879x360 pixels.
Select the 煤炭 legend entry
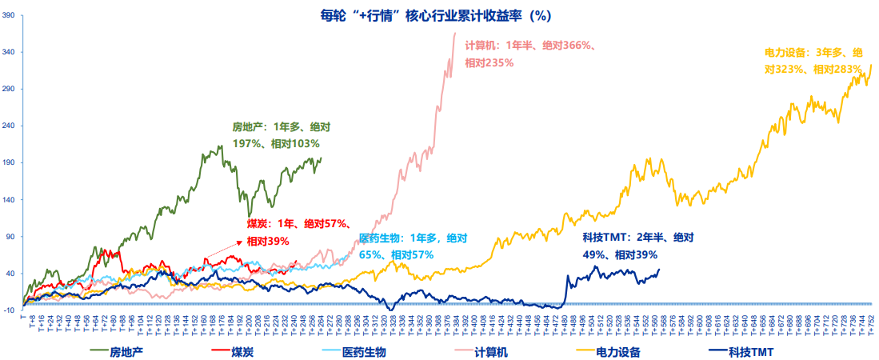[235, 350]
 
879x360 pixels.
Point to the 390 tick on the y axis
[10, 15]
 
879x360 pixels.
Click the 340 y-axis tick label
[10, 52]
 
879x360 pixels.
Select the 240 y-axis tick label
[10, 126]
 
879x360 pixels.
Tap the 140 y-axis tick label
[10, 199]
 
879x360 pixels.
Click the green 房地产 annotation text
[281, 135]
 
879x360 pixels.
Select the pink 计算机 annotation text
[529, 54]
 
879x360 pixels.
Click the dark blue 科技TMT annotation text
[637, 246]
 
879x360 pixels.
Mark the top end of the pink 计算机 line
[455, 33]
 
